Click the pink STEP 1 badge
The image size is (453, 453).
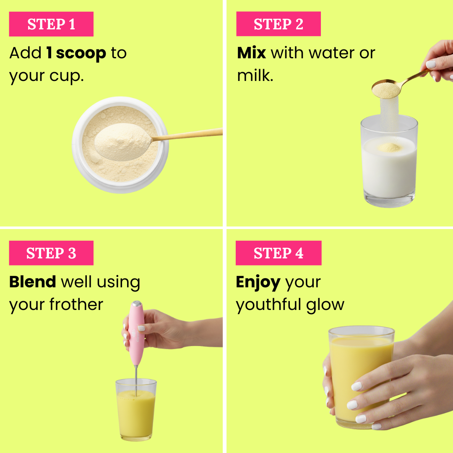coord(51,24)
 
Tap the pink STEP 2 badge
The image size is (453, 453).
coord(279,23)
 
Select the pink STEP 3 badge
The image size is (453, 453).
coord(51,253)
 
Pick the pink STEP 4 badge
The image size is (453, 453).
coord(279,253)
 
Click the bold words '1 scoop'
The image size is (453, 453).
coord(76,53)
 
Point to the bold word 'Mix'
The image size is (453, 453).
coord(251,53)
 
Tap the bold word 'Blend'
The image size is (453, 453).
coord(32,282)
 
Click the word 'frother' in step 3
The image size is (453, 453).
coord(76,304)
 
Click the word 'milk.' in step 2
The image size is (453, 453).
coord(255,75)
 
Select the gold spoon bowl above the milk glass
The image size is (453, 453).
coord(386,89)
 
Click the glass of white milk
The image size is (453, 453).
coord(389,161)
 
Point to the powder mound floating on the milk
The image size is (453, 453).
coord(389,147)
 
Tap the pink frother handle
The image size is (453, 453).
coord(136,332)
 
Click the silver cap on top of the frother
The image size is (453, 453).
coord(137,303)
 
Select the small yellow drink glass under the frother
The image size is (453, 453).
coord(136,410)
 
